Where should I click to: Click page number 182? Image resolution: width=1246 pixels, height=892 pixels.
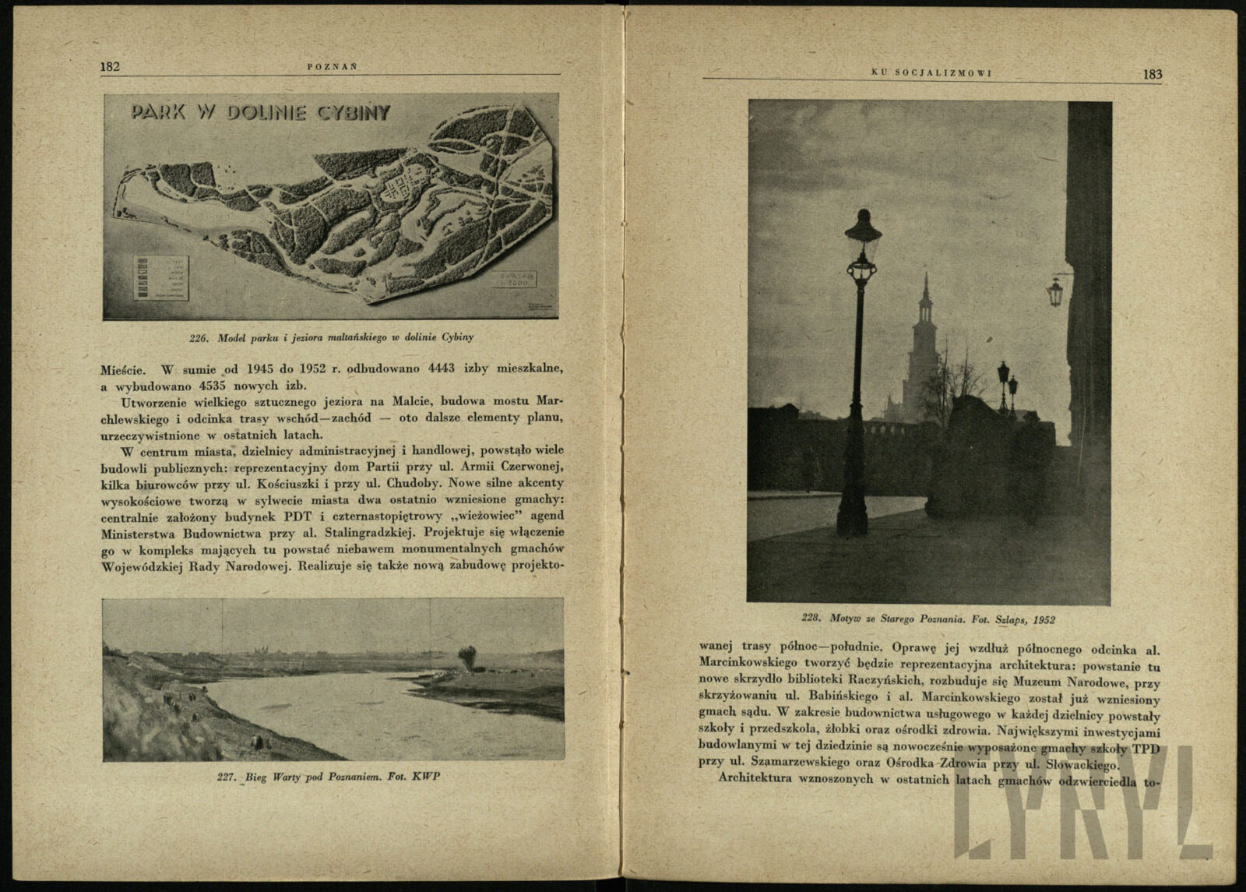coord(109,67)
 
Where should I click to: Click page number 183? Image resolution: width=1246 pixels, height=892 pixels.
coord(1153,75)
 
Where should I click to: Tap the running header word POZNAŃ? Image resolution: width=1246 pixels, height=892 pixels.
coord(332,67)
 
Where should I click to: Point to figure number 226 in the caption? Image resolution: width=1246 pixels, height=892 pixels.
coord(200,337)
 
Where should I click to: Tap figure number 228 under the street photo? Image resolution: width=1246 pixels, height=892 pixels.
coord(812,619)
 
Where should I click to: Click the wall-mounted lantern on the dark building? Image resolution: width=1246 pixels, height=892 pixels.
coord(1054,292)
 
